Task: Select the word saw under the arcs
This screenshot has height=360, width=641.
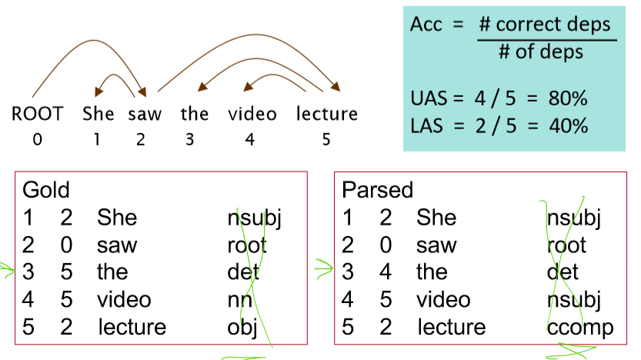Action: click(x=145, y=114)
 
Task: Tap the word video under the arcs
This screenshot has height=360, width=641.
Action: click(x=252, y=114)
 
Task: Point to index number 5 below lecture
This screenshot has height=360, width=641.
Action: click(x=327, y=140)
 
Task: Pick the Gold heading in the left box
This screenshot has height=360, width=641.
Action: click(x=46, y=190)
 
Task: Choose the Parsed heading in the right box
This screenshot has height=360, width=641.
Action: click(x=377, y=190)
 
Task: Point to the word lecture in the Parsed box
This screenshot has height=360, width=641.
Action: click(x=451, y=328)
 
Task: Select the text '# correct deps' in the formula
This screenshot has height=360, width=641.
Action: click(x=547, y=25)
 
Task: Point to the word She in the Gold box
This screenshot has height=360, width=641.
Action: click(x=116, y=218)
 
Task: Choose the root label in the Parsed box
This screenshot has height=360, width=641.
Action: click(x=566, y=245)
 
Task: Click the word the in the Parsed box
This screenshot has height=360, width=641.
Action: click(x=431, y=272)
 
